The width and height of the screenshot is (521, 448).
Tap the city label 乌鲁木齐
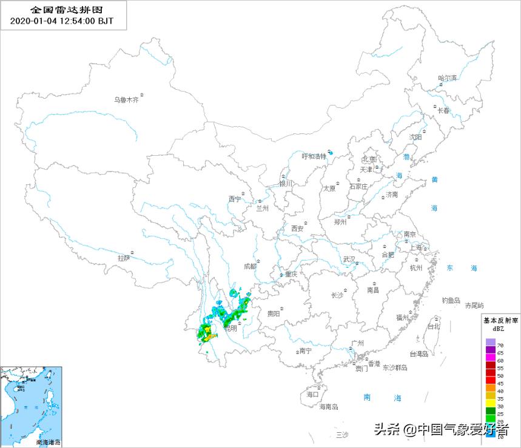click(127, 100)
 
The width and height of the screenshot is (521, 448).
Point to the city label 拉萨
click(124, 258)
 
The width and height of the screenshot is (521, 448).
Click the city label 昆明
click(230, 329)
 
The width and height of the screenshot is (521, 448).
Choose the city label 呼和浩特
click(314, 156)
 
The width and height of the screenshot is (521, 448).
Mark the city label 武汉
click(349, 259)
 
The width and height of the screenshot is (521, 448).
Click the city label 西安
click(297, 229)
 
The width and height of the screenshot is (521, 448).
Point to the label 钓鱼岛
click(451, 300)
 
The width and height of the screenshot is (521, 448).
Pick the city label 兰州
click(262, 209)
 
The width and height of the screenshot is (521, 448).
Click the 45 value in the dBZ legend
click(500, 383)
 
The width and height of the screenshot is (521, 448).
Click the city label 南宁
click(305, 350)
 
